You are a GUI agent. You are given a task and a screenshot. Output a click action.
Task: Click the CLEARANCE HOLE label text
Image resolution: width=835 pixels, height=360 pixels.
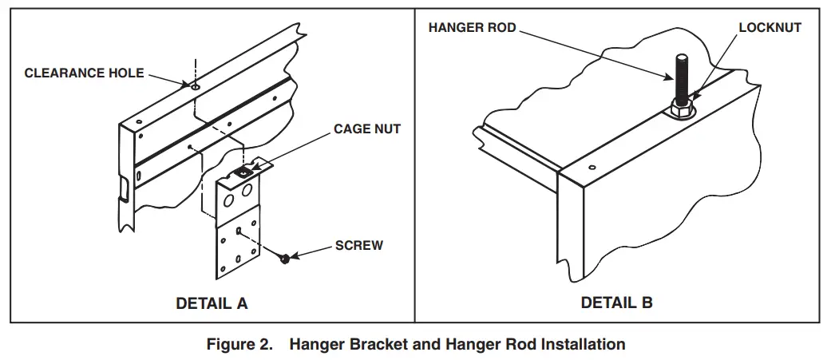pyautogui.click(x=84, y=73)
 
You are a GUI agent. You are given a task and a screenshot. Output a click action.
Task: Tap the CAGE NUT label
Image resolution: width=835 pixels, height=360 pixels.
pyautogui.click(x=366, y=129)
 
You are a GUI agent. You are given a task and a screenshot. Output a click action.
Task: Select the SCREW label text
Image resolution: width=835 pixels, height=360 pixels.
pyautogui.click(x=358, y=245)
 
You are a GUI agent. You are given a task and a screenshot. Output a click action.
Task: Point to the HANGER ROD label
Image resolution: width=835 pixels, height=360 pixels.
pyautogui.click(x=472, y=27)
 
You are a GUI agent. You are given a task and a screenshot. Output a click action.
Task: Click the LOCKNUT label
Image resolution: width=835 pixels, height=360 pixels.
pyautogui.click(x=770, y=27)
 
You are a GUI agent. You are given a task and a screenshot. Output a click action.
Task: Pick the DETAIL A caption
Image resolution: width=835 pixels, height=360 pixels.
pyautogui.click(x=212, y=303)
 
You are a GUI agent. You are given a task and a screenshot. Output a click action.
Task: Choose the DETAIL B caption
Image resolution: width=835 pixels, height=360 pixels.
pyautogui.click(x=616, y=303)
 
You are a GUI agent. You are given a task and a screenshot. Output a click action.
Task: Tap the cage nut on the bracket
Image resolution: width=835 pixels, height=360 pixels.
pyautogui.click(x=243, y=172)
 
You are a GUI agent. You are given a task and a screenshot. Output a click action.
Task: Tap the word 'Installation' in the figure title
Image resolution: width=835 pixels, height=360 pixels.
pyautogui.click(x=583, y=345)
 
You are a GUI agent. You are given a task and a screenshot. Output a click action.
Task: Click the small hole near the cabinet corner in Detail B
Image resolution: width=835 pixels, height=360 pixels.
pyautogui.click(x=592, y=168)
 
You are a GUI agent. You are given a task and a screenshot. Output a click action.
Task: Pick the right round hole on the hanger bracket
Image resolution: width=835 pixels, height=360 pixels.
pyautogui.click(x=247, y=190)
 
